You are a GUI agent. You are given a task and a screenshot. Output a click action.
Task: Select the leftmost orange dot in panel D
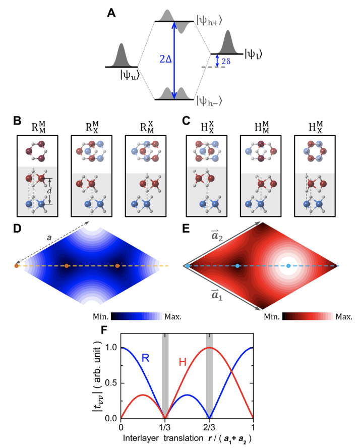17,265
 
